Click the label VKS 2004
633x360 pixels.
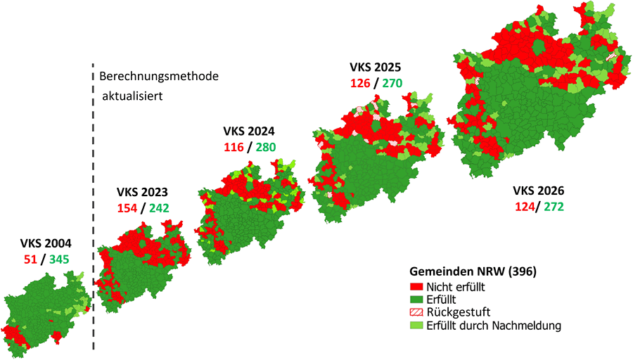(46, 245)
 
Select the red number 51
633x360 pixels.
(28, 260)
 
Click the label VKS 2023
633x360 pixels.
(142, 191)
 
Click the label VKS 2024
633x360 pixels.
(249, 131)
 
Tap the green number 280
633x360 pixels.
(265, 147)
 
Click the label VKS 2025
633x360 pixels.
(375, 67)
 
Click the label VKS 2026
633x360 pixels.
(538, 191)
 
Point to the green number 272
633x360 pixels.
(553, 206)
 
